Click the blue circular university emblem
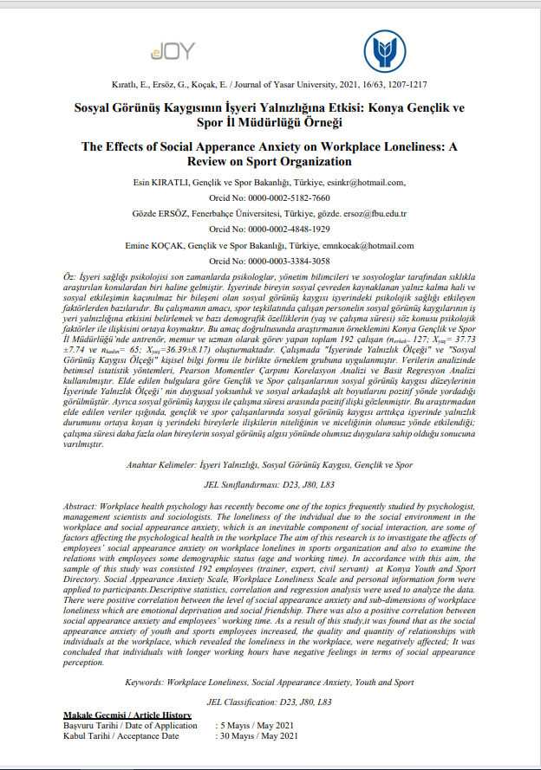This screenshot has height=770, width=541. pyautogui.click(x=383, y=51)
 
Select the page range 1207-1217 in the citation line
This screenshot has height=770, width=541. pyautogui.click(x=406, y=84)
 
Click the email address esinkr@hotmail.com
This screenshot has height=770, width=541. pyautogui.click(x=364, y=182)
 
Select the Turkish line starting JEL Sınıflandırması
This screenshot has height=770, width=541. pyautogui.click(x=270, y=487)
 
